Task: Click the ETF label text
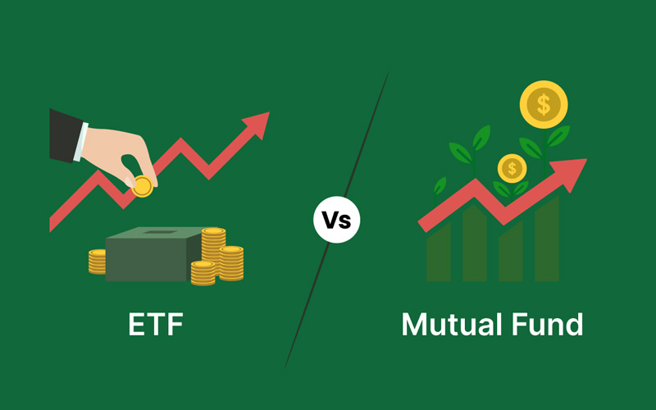point(156,324)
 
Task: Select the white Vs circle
point(337,220)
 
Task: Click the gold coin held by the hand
point(142,187)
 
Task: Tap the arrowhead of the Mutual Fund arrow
point(570,174)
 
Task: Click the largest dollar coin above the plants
point(544,105)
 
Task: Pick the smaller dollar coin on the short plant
point(512,168)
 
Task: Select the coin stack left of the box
point(97,262)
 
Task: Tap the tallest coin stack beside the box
point(213,249)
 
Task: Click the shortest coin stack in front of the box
point(203,273)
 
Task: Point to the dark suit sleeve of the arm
point(66,135)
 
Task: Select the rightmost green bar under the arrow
point(547,239)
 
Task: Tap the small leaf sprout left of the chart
point(440,187)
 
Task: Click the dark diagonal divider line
point(337,220)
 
